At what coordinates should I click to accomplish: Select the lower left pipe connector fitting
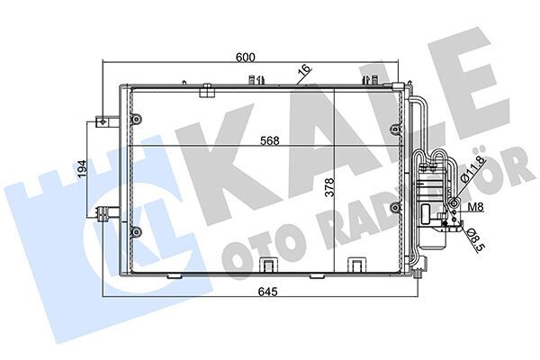click(106, 212)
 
